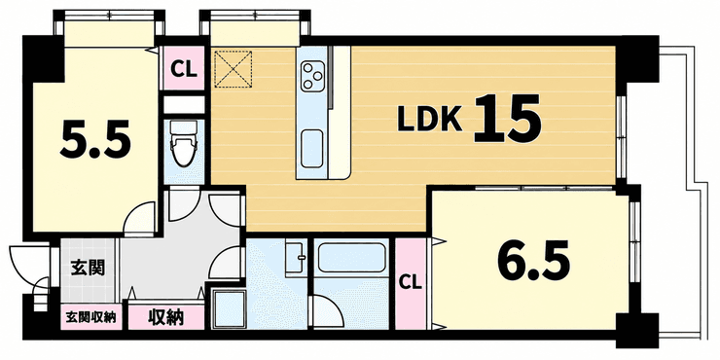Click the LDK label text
(429, 121)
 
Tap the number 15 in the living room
(507, 119)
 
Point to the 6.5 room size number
(533, 262)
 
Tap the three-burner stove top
(312, 76)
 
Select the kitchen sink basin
(311, 149)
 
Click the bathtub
(351, 258)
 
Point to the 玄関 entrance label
(88, 268)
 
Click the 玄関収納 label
(90, 317)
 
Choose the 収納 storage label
(165, 316)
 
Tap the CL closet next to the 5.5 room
(184, 69)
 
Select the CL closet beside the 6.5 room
(410, 283)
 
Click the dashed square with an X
(234, 68)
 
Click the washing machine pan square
(229, 308)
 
